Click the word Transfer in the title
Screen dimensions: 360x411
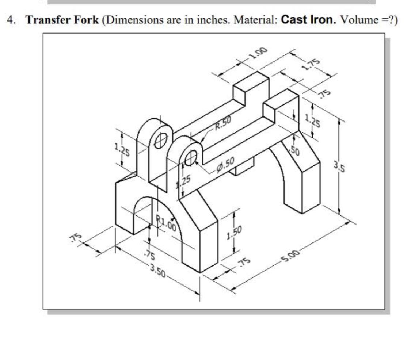click(x=43, y=20)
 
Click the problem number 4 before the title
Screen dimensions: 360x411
click(x=12, y=20)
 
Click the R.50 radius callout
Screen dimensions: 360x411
click(x=222, y=126)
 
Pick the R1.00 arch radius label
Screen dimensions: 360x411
click(x=167, y=223)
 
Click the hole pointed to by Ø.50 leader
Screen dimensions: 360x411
click(x=191, y=158)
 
